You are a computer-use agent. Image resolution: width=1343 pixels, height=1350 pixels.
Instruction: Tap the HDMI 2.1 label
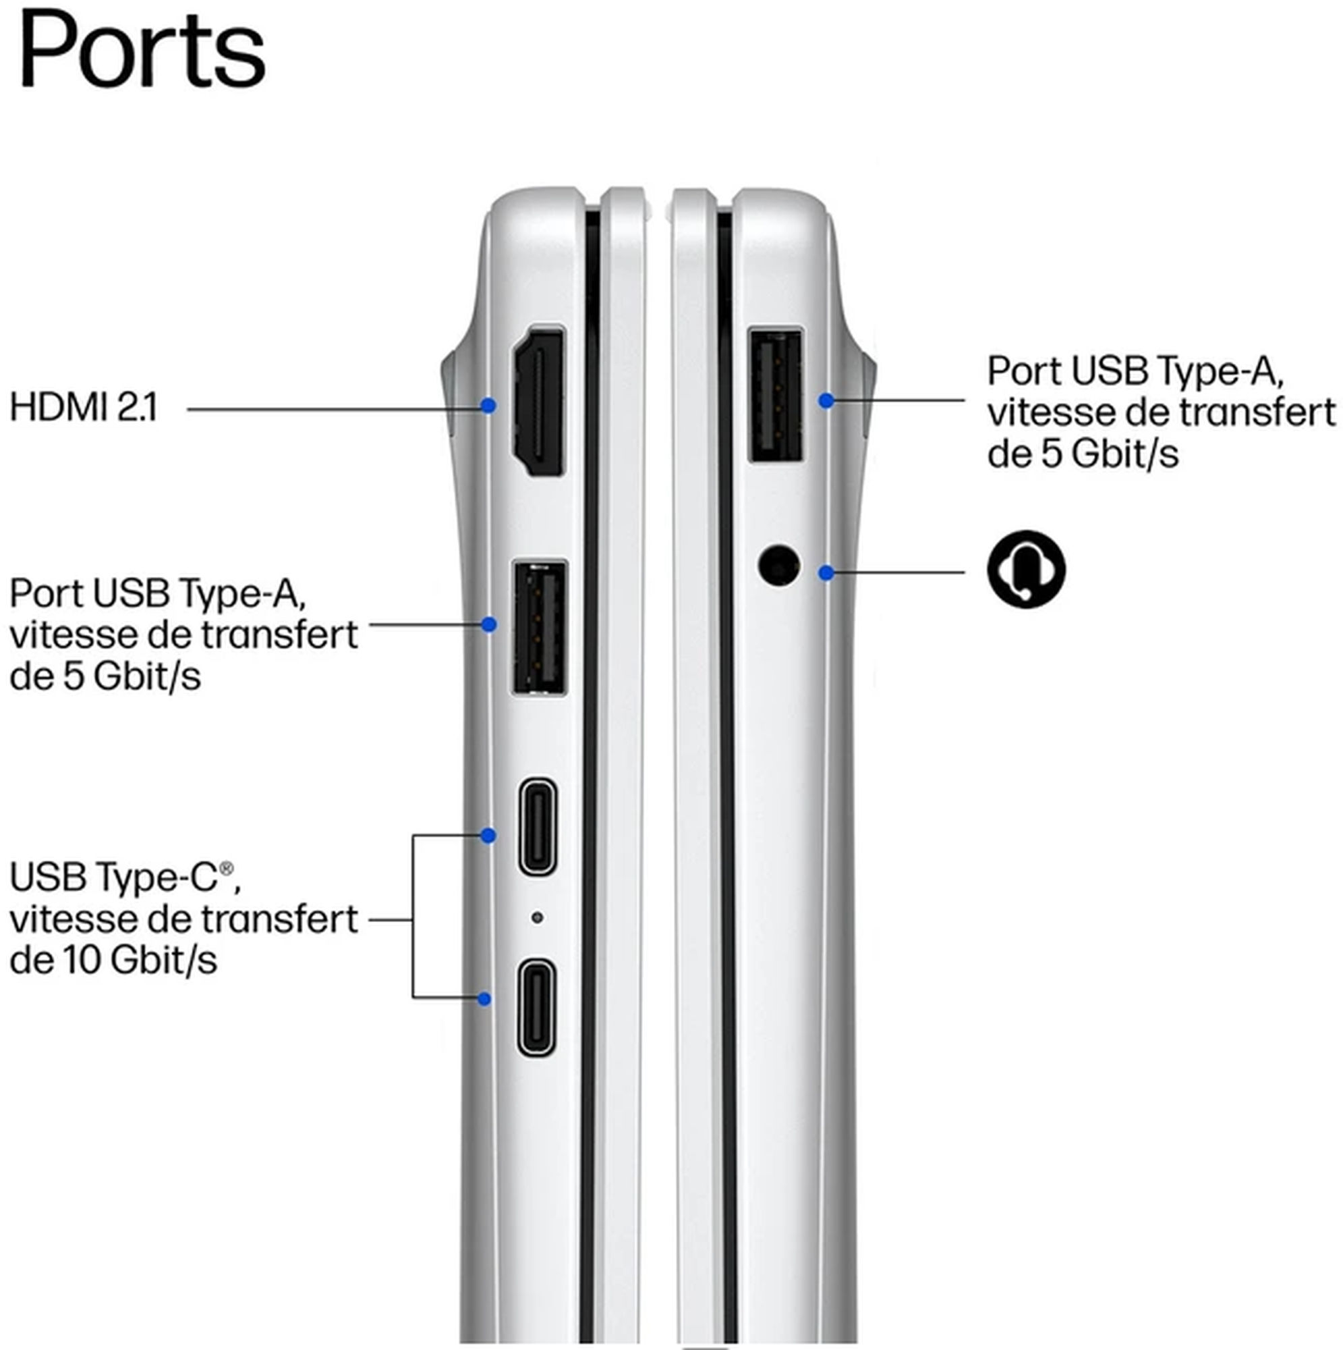84,408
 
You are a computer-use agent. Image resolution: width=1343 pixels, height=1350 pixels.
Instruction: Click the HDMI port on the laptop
539,402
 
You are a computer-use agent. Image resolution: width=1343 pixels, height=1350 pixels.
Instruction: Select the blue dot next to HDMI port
489,405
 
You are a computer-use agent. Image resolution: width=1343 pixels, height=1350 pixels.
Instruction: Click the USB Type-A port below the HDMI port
539,628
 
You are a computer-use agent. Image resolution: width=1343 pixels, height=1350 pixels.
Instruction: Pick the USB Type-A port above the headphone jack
775,396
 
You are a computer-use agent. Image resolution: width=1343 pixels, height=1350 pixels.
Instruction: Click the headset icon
1026,569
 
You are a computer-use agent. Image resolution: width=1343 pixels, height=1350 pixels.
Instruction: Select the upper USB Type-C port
537,826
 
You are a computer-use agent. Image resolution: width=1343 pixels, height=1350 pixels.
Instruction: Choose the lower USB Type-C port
536,1008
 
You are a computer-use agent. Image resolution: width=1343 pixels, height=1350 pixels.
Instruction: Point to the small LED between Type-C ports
536,917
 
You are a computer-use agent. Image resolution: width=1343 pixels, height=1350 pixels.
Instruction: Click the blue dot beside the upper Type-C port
489,835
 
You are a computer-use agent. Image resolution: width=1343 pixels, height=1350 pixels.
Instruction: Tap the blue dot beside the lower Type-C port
484,999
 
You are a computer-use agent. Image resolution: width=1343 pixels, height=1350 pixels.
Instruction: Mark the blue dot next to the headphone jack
826,573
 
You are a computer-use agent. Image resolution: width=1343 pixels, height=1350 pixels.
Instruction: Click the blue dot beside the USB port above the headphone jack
826,401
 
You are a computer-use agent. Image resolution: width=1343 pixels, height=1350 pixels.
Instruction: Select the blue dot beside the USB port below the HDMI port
489,624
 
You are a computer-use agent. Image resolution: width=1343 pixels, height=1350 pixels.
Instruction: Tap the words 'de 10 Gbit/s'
113,960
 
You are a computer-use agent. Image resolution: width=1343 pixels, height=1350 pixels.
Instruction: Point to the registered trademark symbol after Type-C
226,869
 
